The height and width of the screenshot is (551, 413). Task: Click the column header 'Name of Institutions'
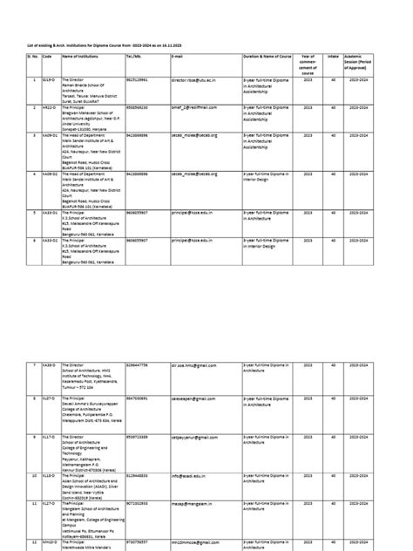pyautogui.click(x=83, y=56)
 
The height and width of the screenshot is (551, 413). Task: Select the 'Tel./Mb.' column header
pyautogui.click(x=135, y=56)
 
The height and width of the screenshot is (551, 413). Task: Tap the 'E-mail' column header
pyautogui.click(x=178, y=56)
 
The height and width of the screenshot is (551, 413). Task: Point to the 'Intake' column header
pyautogui.click(x=332, y=56)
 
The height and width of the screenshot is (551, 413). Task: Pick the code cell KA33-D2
pyautogui.click(x=50, y=238)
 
